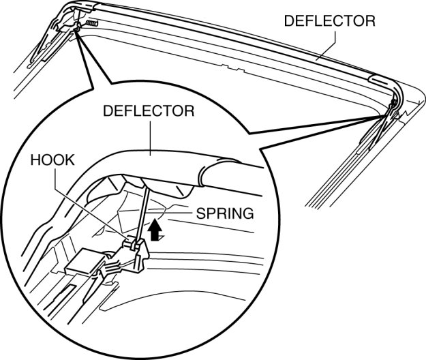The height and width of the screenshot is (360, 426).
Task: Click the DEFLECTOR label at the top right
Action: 329,20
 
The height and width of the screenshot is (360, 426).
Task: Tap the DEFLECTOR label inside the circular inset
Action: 149,110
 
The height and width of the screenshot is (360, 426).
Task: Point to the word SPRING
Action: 224,213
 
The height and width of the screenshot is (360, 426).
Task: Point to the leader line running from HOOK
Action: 95,205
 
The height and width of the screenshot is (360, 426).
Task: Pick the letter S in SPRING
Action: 200,213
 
